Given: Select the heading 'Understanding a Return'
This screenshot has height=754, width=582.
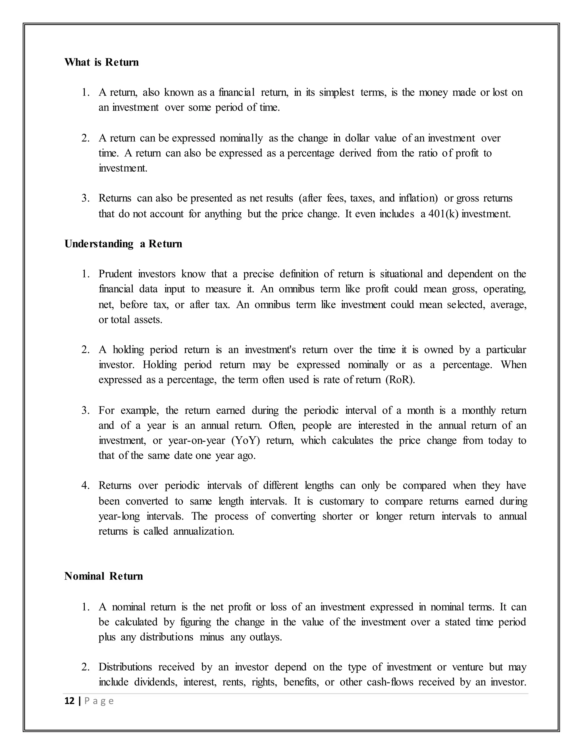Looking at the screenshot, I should (123, 244).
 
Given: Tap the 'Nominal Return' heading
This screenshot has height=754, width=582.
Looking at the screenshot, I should (103, 576).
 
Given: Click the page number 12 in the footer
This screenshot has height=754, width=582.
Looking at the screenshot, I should (69, 701).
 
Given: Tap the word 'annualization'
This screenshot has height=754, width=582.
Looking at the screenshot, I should (203, 531).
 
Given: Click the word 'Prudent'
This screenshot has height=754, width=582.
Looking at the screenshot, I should (115, 274).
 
